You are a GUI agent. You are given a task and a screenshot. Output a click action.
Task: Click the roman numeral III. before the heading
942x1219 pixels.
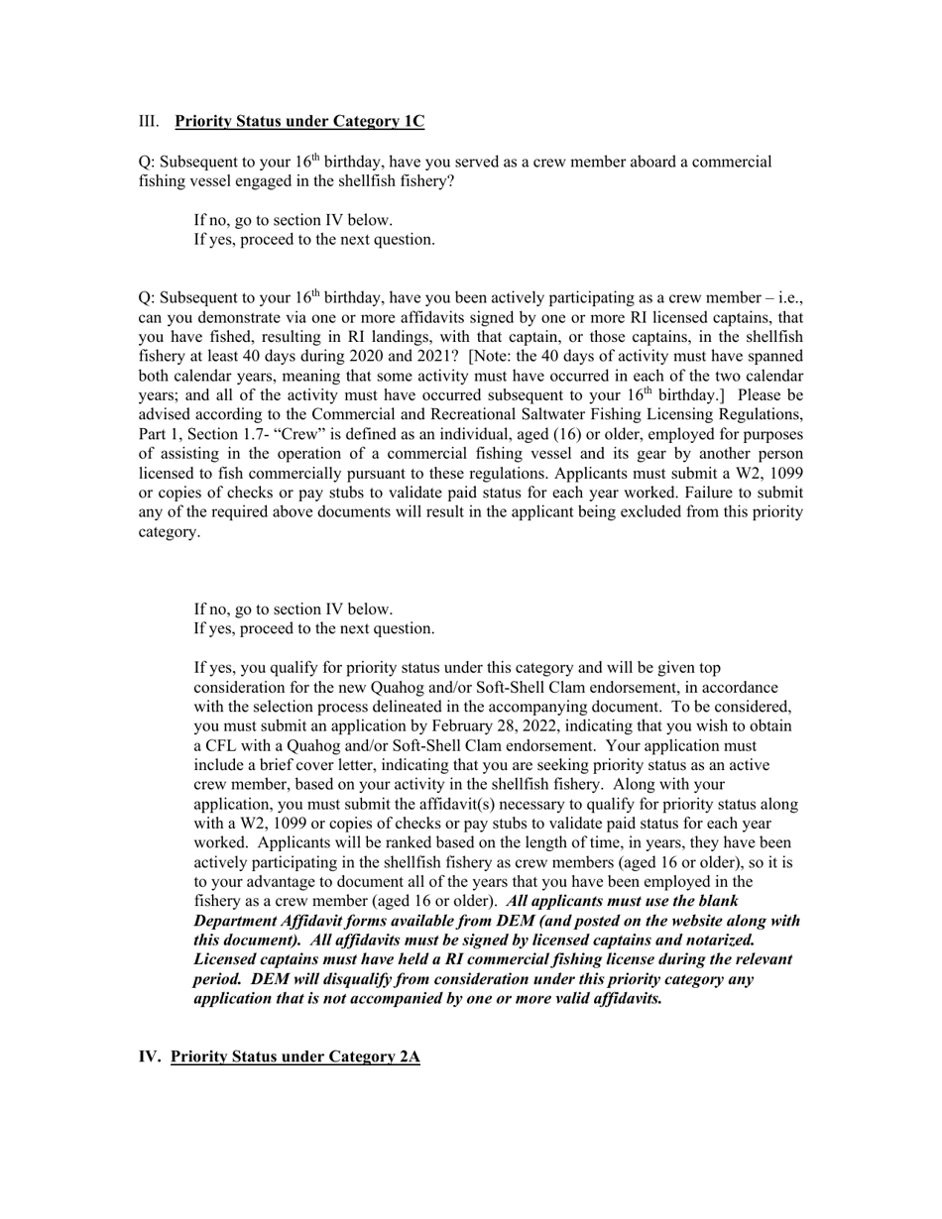pos(149,122)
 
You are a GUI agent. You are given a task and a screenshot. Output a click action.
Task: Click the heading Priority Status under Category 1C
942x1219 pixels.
pos(299,122)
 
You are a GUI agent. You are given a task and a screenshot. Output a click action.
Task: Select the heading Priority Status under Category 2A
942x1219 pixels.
pos(294,1056)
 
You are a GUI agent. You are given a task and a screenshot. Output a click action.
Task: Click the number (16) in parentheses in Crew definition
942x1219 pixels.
pos(568,435)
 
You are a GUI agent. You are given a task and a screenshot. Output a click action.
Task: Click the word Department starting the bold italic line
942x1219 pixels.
pos(236,921)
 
